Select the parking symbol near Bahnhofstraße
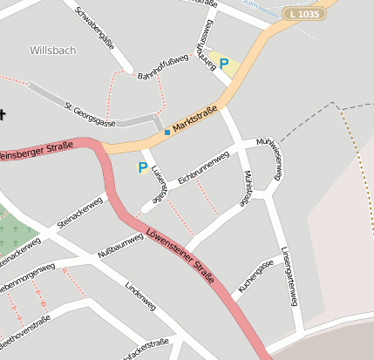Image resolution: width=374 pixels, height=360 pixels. (x=224, y=64)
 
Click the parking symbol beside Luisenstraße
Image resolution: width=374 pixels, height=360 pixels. (x=143, y=167)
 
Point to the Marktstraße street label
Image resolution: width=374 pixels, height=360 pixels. (x=194, y=121)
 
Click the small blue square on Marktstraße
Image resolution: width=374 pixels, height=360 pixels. (x=167, y=132)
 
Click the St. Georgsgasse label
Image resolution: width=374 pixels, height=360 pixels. (x=92, y=112)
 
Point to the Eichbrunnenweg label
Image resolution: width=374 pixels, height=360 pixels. (x=203, y=166)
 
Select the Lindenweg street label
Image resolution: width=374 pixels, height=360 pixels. (x=139, y=295)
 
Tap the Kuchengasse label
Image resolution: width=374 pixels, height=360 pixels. (x=255, y=276)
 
